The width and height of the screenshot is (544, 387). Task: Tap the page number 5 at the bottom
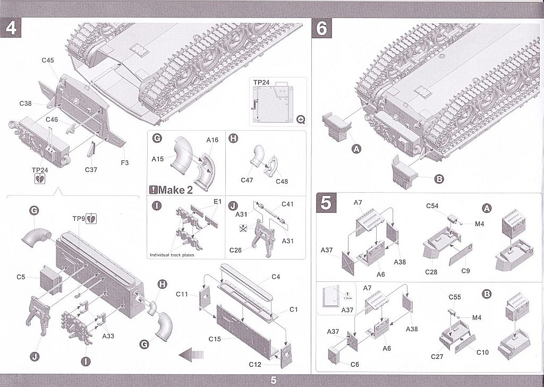click(x=273, y=380)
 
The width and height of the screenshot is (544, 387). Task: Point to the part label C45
click(x=48, y=61)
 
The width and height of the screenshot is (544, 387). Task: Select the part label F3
click(x=124, y=162)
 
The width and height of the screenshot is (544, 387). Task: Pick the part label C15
click(x=215, y=339)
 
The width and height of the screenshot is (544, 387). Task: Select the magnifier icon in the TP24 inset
click(x=301, y=119)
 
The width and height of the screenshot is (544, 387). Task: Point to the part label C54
click(x=432, y=205)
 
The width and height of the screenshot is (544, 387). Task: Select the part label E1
click(x=217, y=202)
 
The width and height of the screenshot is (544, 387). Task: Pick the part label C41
click(x=287, y=204)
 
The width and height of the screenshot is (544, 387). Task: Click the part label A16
click(x=212, y=140)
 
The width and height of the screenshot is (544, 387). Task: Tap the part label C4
click(x=276, y=277)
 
